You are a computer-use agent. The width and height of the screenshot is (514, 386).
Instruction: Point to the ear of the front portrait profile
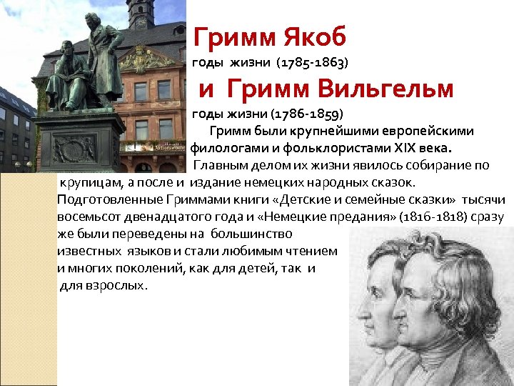(x=435, y=300)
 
